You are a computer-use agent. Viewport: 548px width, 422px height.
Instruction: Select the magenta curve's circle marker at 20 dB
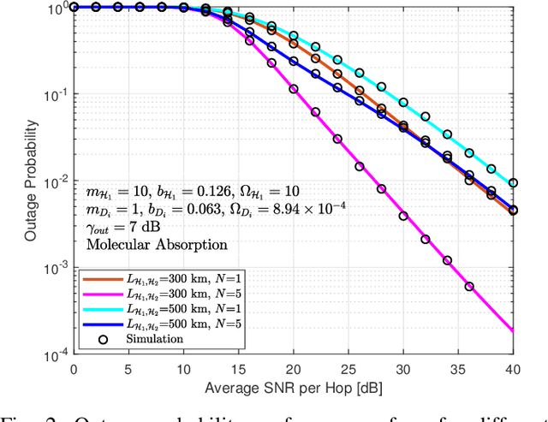(x=294, y=88)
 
